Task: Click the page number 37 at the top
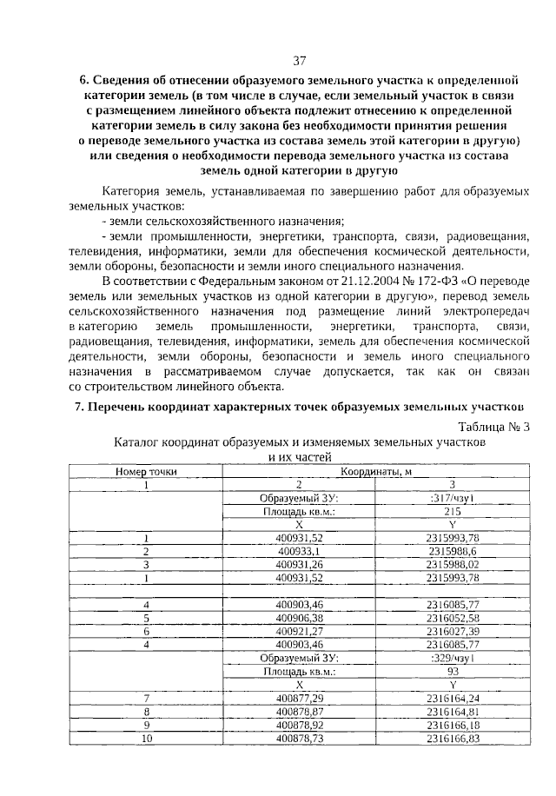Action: tap(300, 60)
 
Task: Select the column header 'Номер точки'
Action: tap(147, 470)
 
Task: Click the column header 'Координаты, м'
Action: tap(376, 470)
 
